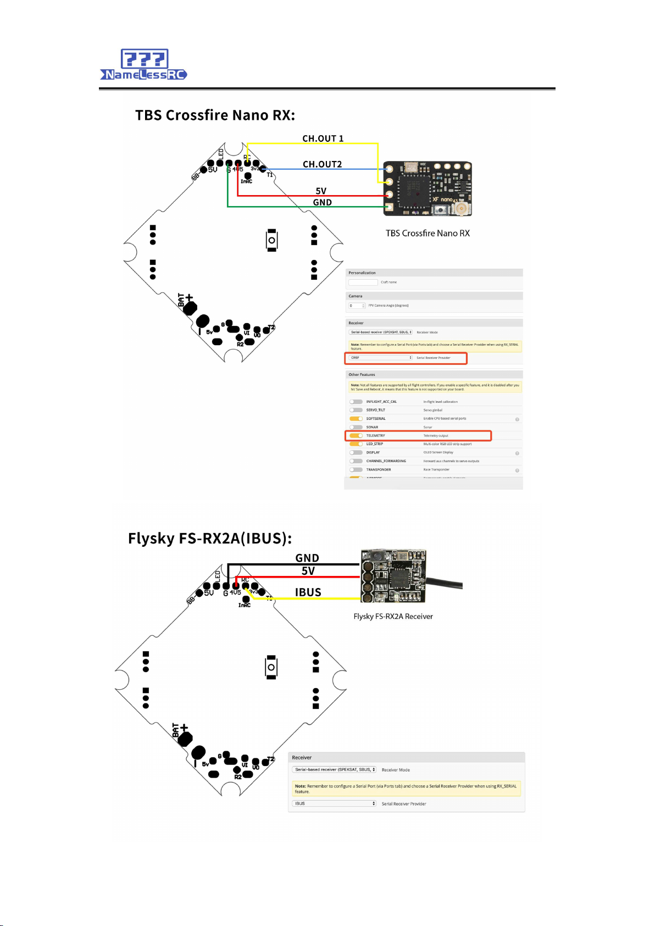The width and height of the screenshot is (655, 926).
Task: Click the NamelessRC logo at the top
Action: (144, 65)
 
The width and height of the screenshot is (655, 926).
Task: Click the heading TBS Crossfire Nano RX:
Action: (215, 115)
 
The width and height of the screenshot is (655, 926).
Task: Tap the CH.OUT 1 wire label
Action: (323, 138)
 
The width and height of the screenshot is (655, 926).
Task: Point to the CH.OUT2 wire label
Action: (322, 164)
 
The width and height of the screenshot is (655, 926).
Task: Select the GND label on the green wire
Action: (322, 202)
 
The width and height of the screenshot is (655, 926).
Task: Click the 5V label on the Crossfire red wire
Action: (321, 191)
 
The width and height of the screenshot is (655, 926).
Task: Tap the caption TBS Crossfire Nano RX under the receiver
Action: (428, 234)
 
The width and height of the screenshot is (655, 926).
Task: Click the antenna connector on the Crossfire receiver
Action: (459, 209)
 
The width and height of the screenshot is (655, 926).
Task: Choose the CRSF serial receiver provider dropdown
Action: (380, 358)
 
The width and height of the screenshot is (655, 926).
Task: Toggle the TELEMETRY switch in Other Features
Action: (356, 436)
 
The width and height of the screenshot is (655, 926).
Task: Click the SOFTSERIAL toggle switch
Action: (356, 419)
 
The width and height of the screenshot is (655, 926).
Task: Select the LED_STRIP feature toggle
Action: (356, 444)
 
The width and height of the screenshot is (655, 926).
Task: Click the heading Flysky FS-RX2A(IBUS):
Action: (210, 538)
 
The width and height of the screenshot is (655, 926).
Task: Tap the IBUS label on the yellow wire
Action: (308, 592)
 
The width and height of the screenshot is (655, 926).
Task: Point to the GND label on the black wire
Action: (307, 558)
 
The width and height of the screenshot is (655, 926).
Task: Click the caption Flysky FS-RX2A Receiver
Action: (393, 617)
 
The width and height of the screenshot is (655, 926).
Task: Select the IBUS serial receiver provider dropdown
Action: (334, 803)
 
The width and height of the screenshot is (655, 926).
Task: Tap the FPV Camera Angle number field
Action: (357, 306)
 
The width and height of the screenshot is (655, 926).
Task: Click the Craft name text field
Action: (363, 282)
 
